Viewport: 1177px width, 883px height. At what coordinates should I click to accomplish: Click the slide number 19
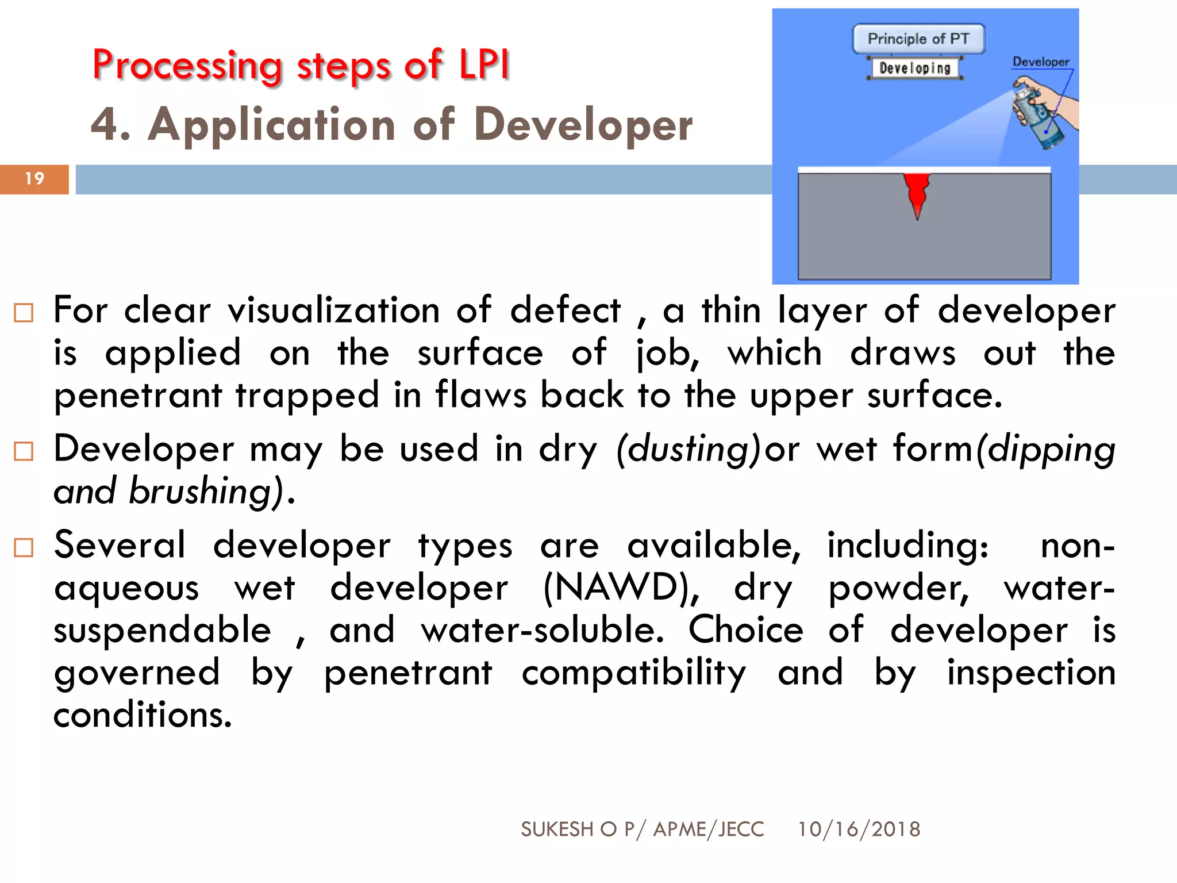(34, 179)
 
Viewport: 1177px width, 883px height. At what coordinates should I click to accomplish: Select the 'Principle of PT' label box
(918, 39)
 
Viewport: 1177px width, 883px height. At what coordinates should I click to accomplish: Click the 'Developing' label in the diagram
(915, 68)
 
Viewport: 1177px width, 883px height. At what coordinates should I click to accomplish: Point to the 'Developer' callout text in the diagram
(1040, 62)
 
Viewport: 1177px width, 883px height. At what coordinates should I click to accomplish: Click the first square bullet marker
(24, 313)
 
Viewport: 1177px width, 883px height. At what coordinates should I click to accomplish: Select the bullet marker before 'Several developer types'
(24, 548)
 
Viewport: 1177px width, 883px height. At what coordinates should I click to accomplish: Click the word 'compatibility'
(633, 673)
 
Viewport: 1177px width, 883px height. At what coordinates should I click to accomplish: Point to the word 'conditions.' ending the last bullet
(143, 715)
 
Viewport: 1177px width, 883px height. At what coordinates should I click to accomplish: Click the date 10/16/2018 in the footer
(859, 830)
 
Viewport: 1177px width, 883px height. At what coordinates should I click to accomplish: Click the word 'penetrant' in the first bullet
(138, 396)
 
